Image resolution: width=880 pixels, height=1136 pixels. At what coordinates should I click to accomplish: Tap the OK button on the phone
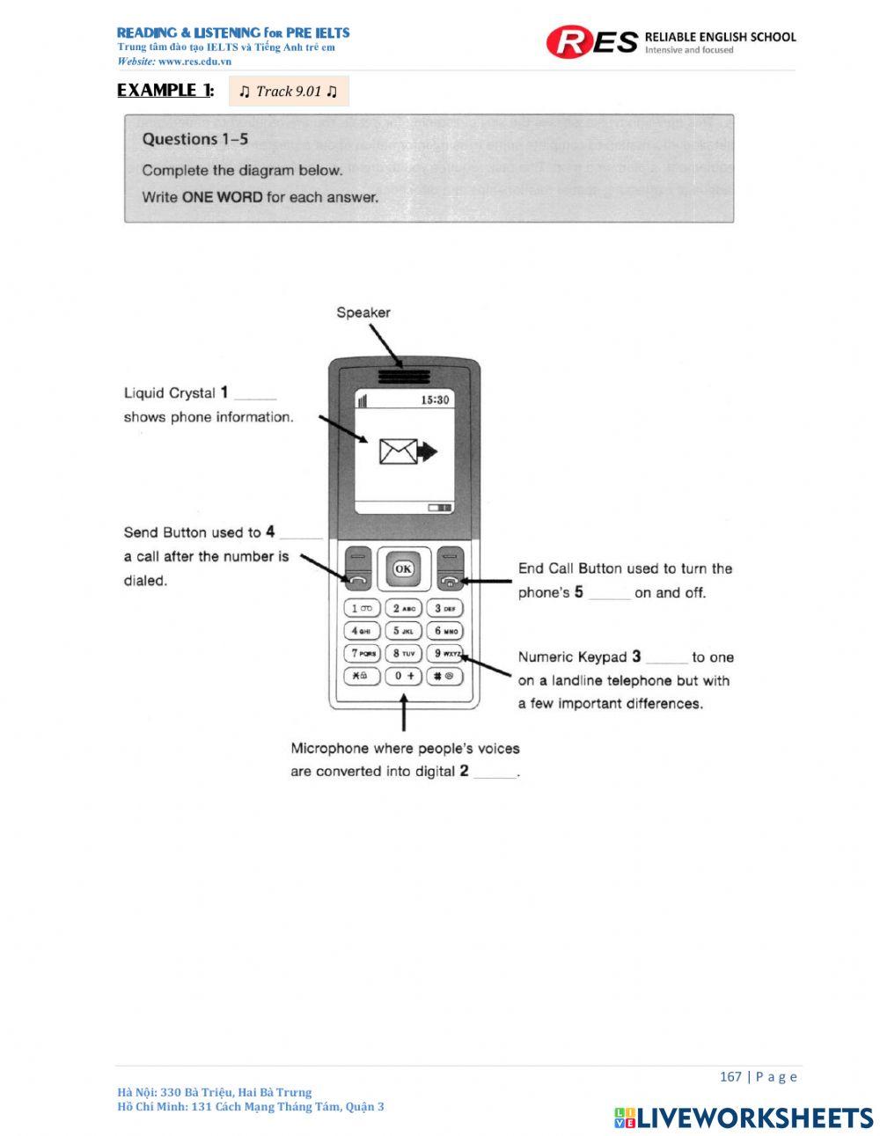[x=403, y=568]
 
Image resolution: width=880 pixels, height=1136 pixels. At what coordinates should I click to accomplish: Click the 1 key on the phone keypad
[x=362, y=608]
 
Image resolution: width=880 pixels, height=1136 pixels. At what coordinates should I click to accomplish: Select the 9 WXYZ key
[x=445, y=654]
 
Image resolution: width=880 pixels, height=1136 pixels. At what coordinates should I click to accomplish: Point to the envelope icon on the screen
[x=397, y=451]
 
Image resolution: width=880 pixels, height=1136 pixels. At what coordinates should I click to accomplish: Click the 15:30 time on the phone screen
[x=435, y=399]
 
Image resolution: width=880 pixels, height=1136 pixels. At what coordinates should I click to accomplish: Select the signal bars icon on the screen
[x=362, y=400]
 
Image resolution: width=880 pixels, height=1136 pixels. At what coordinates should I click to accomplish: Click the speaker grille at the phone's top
[x=404, y=377]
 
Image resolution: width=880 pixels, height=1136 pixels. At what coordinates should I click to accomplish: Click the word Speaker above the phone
[x=363, y=312]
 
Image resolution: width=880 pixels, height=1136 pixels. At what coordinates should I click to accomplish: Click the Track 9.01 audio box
[x=289, y=92]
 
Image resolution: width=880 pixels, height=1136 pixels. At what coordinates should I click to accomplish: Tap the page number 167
[x=730, y=1077]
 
